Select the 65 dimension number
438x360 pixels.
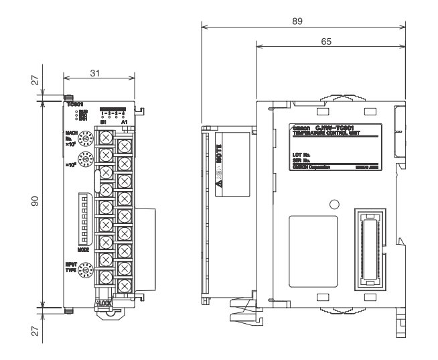(x=326, y=42)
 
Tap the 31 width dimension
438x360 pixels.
(x=96, y=72)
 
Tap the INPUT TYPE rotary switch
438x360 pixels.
(x=85, y=272)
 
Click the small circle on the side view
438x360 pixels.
(x=334, y=204)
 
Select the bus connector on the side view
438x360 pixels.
(x=369, y=248)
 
